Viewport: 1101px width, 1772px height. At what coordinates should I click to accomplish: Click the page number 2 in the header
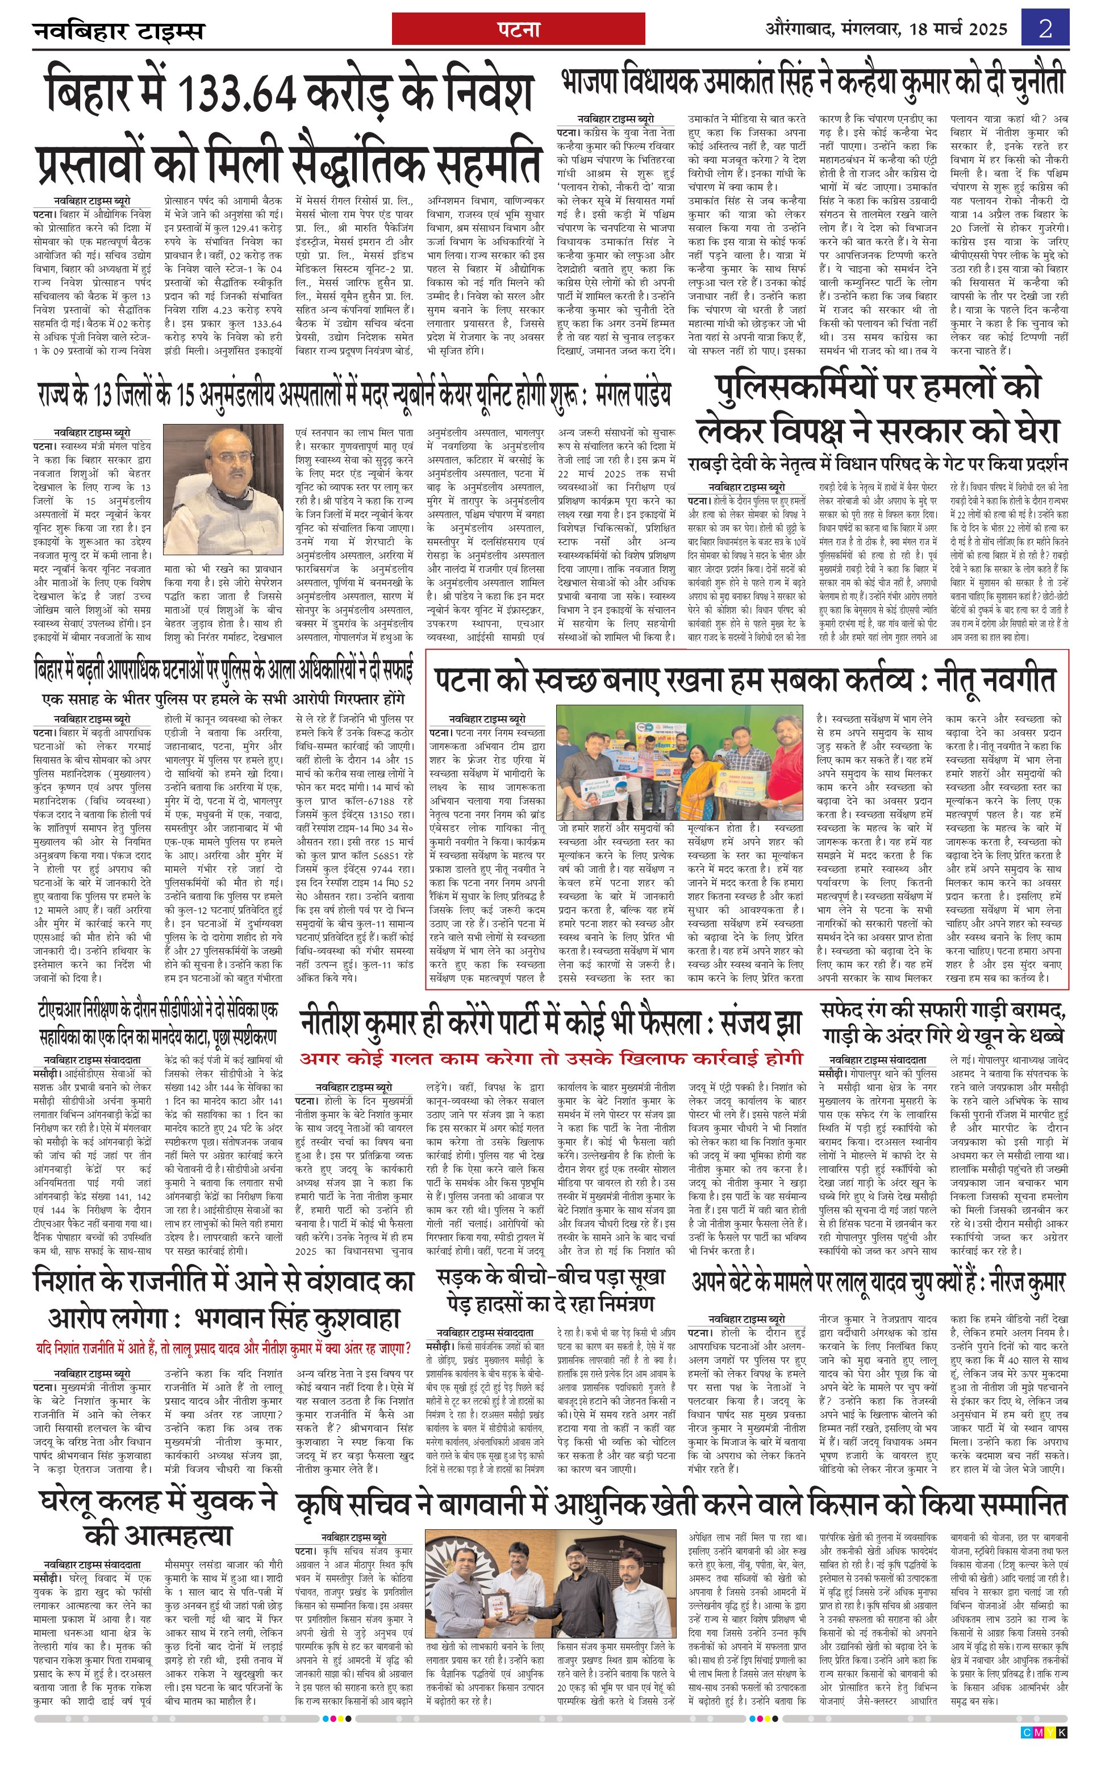click(1046, 29)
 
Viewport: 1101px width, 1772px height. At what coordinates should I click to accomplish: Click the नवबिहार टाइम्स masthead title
click(119, 31)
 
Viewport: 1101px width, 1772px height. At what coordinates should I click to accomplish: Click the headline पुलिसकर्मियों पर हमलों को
click(878, 388)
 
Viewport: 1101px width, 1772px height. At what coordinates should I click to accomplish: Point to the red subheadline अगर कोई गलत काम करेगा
click(551, 1058)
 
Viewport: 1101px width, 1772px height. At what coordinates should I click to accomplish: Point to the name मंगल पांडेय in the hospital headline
click(633, 395)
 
